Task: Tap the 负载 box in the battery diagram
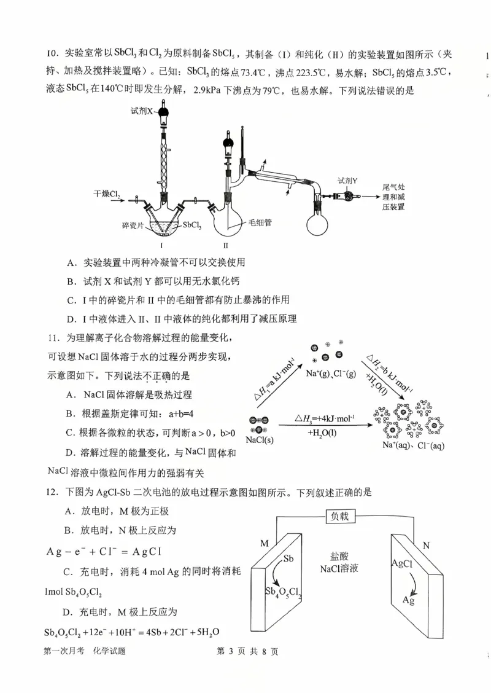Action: click(344, 516)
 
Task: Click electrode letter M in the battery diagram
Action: click(265, 543)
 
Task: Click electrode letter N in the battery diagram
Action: click(426, 544)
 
